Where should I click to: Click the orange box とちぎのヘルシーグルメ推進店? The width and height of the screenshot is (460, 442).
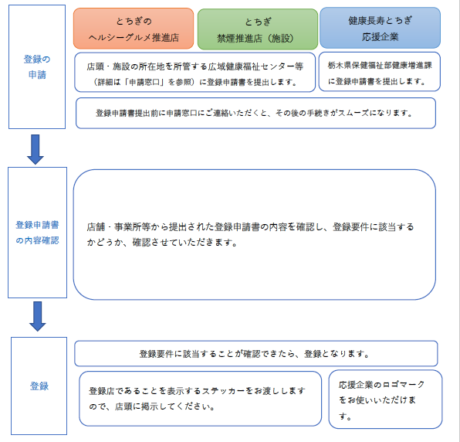[134, 29]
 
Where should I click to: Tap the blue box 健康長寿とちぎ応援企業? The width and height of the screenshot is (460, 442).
[380, 28]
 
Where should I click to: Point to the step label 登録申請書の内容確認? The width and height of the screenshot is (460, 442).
[37, 232]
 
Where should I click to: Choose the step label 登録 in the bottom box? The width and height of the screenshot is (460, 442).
[39, 386]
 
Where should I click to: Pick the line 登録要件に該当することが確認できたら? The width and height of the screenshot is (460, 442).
[255, 354]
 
